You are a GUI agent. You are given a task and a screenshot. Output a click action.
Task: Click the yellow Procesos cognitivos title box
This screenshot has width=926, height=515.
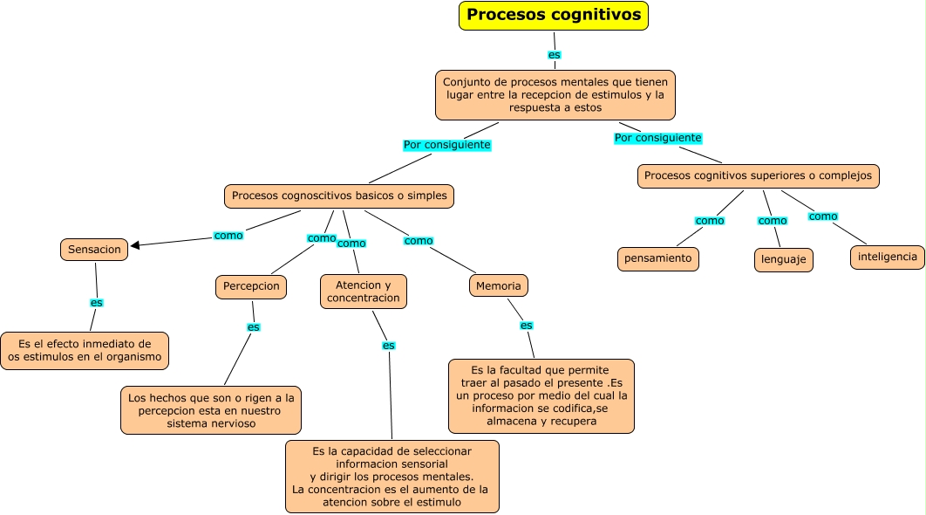click(554, 16)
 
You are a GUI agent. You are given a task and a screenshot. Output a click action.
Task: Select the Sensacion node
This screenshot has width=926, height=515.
click(95, 250)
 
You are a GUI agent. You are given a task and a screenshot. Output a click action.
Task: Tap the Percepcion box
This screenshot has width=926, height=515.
click(251, 286)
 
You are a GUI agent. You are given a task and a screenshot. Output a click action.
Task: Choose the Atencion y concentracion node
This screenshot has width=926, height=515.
click(364, 292)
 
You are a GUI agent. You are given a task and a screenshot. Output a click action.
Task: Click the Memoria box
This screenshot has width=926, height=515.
click(499, 285)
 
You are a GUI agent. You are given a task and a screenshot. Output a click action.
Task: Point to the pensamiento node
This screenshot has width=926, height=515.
click(658, 258)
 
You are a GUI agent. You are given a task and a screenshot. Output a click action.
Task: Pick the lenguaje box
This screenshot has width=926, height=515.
click(783, 260)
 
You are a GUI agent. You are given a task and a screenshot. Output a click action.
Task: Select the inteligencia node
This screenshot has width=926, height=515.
click(887, 257)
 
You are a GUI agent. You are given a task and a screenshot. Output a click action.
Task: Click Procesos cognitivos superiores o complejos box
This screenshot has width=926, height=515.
click(758, 175)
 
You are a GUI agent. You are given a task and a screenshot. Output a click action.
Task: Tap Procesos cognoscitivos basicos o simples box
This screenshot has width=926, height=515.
click(339, 196)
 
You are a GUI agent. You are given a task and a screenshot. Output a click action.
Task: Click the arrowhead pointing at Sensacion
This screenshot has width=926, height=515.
click(135, 245)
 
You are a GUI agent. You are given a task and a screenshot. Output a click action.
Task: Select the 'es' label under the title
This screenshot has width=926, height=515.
click(554, 54)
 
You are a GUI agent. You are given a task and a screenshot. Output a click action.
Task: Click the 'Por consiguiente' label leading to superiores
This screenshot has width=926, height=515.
click(657, 138)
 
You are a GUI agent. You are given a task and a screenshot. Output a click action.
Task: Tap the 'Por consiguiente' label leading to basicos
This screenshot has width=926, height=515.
click(446, 145)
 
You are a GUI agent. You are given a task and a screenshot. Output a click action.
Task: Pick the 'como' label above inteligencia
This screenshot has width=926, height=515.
click(822, 216)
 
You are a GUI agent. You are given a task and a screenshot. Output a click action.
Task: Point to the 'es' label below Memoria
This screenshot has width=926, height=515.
click(526, 326)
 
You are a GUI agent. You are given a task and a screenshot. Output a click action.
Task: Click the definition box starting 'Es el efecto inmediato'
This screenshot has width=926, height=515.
click(85, 351)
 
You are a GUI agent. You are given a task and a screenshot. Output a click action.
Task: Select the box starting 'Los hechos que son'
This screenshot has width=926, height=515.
click(211, 410)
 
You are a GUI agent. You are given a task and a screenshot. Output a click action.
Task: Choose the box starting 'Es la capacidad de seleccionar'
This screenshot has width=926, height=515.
click(392, 477)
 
